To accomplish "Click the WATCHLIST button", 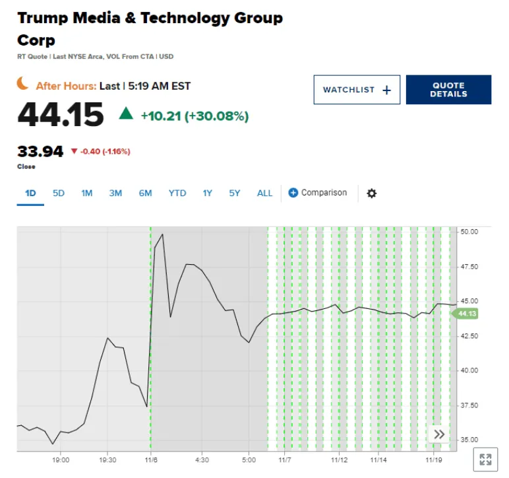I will (357, 90).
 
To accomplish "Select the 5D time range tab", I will (59, 193).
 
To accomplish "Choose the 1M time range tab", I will (87, 193).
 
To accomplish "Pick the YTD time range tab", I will (177, 193).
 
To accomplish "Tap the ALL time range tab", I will (264, 193).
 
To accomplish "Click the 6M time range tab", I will (145, 193).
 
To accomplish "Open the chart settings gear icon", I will (372, 193).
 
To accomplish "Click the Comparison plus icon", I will (293, 193).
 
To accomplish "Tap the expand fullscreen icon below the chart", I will (485, 460).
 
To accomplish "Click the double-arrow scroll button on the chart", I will (439, 434).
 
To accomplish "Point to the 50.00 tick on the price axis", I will (469, 232).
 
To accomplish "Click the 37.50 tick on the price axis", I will (469, 405).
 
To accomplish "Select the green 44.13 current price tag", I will (466, 314).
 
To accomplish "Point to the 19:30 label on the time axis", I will (107, 460).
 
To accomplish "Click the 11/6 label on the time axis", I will (151, 460).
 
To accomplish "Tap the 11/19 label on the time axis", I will (433, 460).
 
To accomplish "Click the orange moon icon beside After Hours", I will (24, 84).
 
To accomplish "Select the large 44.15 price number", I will (61, 115).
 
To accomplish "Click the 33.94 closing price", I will (40, 151).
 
